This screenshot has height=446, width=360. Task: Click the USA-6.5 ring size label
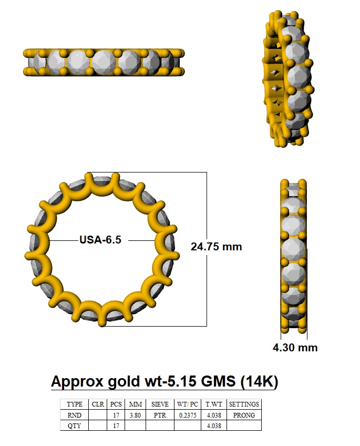(x=100, y=240)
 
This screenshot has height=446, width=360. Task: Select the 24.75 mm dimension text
(x=216, y=247)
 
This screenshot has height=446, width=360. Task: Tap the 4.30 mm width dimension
(x=295, y=348)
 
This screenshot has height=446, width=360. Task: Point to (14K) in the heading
(x=259, y=382)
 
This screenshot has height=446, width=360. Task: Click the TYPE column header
(x=75, y=404)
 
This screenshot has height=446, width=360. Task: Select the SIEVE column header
(x=160, y=404)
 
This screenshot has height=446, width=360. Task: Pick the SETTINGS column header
(x=244, y=404)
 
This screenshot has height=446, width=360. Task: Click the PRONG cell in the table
(x=244, y=415)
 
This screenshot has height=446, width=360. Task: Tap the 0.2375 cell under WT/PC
(x=188, y=415)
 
